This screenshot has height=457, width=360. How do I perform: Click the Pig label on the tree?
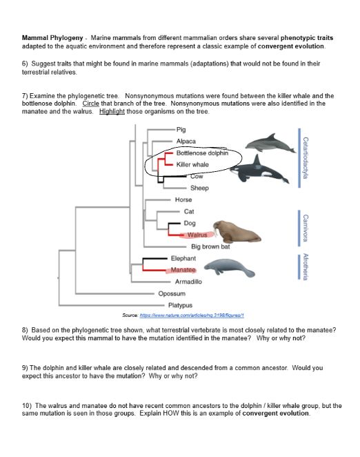click(x=181, y=129)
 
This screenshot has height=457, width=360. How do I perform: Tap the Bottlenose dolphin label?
click(x=202, y=153)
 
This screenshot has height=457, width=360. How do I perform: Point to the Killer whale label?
click(x=192, y=164)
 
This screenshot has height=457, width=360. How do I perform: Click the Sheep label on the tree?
click(x=199, y=188)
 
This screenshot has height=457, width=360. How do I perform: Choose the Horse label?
click(x=183, y=200)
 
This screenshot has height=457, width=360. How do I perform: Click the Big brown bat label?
click(x=210, y=246)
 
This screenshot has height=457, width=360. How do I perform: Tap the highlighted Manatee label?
click(x=185, y=270)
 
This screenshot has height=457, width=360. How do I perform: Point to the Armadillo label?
click(x=188, y=282)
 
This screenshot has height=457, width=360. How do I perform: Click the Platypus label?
click(x=181, y=304)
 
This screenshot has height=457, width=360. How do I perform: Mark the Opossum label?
click(x=172, y=293)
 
